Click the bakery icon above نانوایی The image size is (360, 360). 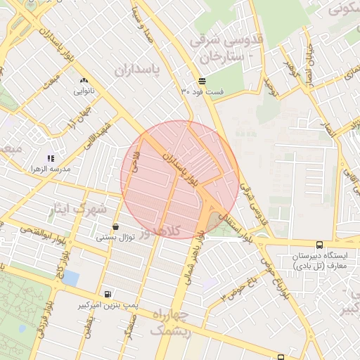pyautogui.click(x=84, y=81)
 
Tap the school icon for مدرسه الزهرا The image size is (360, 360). pyautogui.click(x=50, y=158)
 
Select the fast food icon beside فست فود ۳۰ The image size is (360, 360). pyautogui.click(x=202, y=81)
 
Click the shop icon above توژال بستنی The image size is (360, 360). pyautogui.click(x=115, y=226)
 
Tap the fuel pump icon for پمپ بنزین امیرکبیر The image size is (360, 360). pyautogui.click(x=107, y=294)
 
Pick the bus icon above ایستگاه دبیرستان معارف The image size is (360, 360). pyautogui.click(x=320, y=245)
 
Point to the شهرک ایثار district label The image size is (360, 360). pyautogui.click(x=81, y=209)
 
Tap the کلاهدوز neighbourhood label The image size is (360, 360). pyautogui.click(x=158, y=231)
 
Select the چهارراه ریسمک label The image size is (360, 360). pyautogui.click(x=171, y=323)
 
